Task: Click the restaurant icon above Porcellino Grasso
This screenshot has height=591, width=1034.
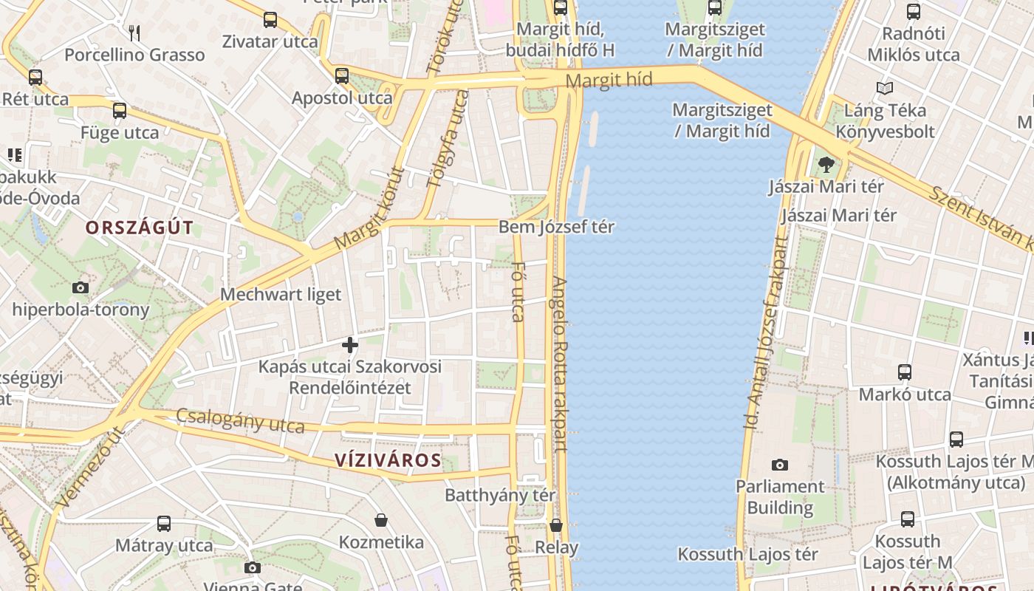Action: point(134,33)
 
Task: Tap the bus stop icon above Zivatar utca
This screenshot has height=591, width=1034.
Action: point(270,20)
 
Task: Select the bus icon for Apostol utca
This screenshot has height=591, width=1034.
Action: point(341,75)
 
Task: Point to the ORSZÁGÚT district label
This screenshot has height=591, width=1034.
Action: point(139,228)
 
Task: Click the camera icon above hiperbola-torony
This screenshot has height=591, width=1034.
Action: point(81,287)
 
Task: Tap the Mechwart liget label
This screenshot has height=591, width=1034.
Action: point(281,295)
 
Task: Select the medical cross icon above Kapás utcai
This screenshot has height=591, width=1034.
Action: point(350,345)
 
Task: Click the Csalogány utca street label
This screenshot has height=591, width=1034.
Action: point(240,421)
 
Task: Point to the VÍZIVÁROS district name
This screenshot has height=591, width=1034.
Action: point(388,461)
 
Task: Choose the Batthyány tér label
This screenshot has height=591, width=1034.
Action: point(500,495)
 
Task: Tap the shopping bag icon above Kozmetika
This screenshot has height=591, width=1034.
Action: point(381,521)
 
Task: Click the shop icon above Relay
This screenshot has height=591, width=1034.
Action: point(556,525)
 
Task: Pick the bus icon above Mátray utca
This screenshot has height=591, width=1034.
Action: point(164,524)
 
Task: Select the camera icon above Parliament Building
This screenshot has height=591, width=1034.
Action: point(779,465)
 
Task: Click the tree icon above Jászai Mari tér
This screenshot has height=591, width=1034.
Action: point(826,165)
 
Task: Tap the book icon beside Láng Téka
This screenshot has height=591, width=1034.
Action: point(884,89)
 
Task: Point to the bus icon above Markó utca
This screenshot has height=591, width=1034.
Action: point(905,372)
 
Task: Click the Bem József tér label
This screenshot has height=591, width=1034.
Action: point(556,227)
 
